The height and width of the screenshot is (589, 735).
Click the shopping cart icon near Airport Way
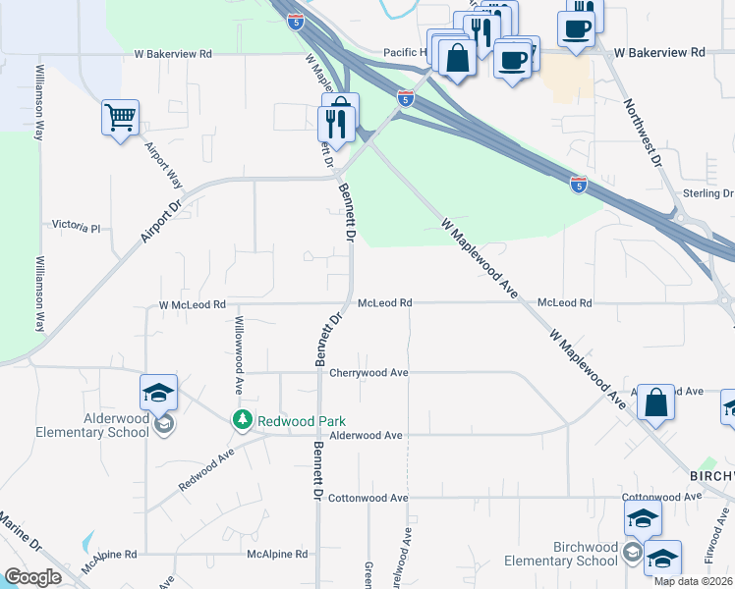point(120,119)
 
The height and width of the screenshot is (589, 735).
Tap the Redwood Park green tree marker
point(242,420)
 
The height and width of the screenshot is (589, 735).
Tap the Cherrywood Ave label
point(368,373)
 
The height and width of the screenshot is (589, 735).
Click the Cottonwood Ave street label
point(368,498)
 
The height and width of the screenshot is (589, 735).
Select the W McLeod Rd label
point(193,305)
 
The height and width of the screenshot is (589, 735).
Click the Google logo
point(32,577)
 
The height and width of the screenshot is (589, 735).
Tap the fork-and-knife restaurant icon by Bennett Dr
point(339,119)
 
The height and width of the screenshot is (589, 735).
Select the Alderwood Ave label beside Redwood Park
point(367,435)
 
